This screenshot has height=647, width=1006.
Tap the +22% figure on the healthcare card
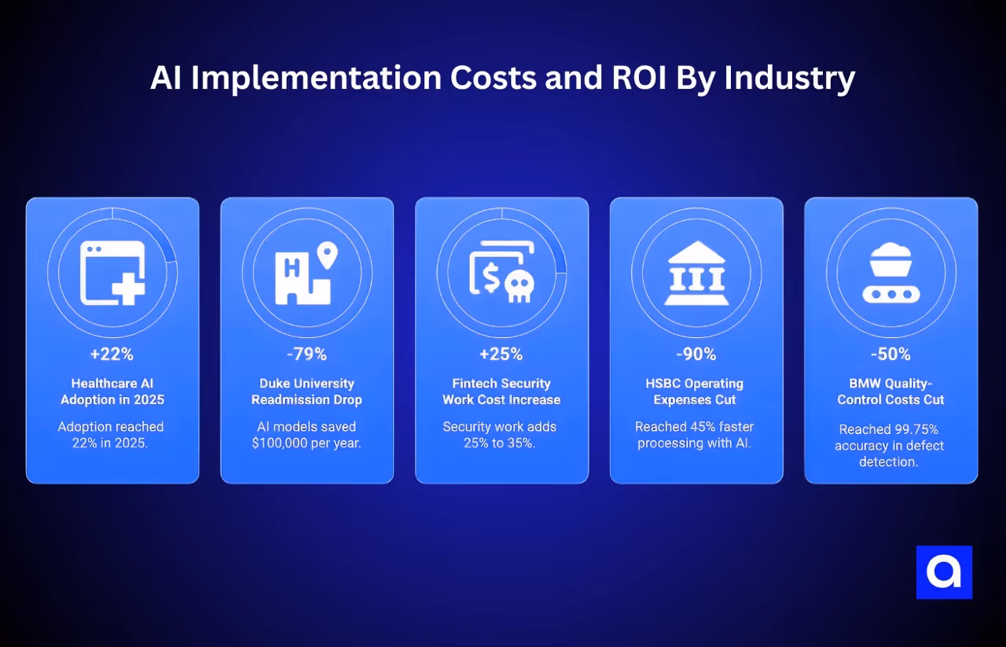pyautogui.click(x=112, y=354)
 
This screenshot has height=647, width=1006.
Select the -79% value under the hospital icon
pyautogui.click(x=307, y=354)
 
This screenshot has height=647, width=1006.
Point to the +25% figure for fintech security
pyautogui.click(x=501, y=354)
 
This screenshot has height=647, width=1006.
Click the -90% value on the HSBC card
pyautogui.click(x=696, y=354)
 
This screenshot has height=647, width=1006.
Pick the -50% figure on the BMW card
pyautogui.click(x=891, y=354)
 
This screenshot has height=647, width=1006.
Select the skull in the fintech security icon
pyautogui.click(x=518, y=287)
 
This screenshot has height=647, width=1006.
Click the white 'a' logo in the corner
pyautogui.click(x=944, y=572)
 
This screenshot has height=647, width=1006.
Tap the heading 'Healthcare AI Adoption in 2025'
pyautogui.click(x=112, y=392)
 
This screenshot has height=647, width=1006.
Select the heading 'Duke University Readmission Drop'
pyautogui.click(x=307, y=392)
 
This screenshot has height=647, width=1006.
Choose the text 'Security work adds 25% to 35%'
pyautogui.click(x=501, y=435)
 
